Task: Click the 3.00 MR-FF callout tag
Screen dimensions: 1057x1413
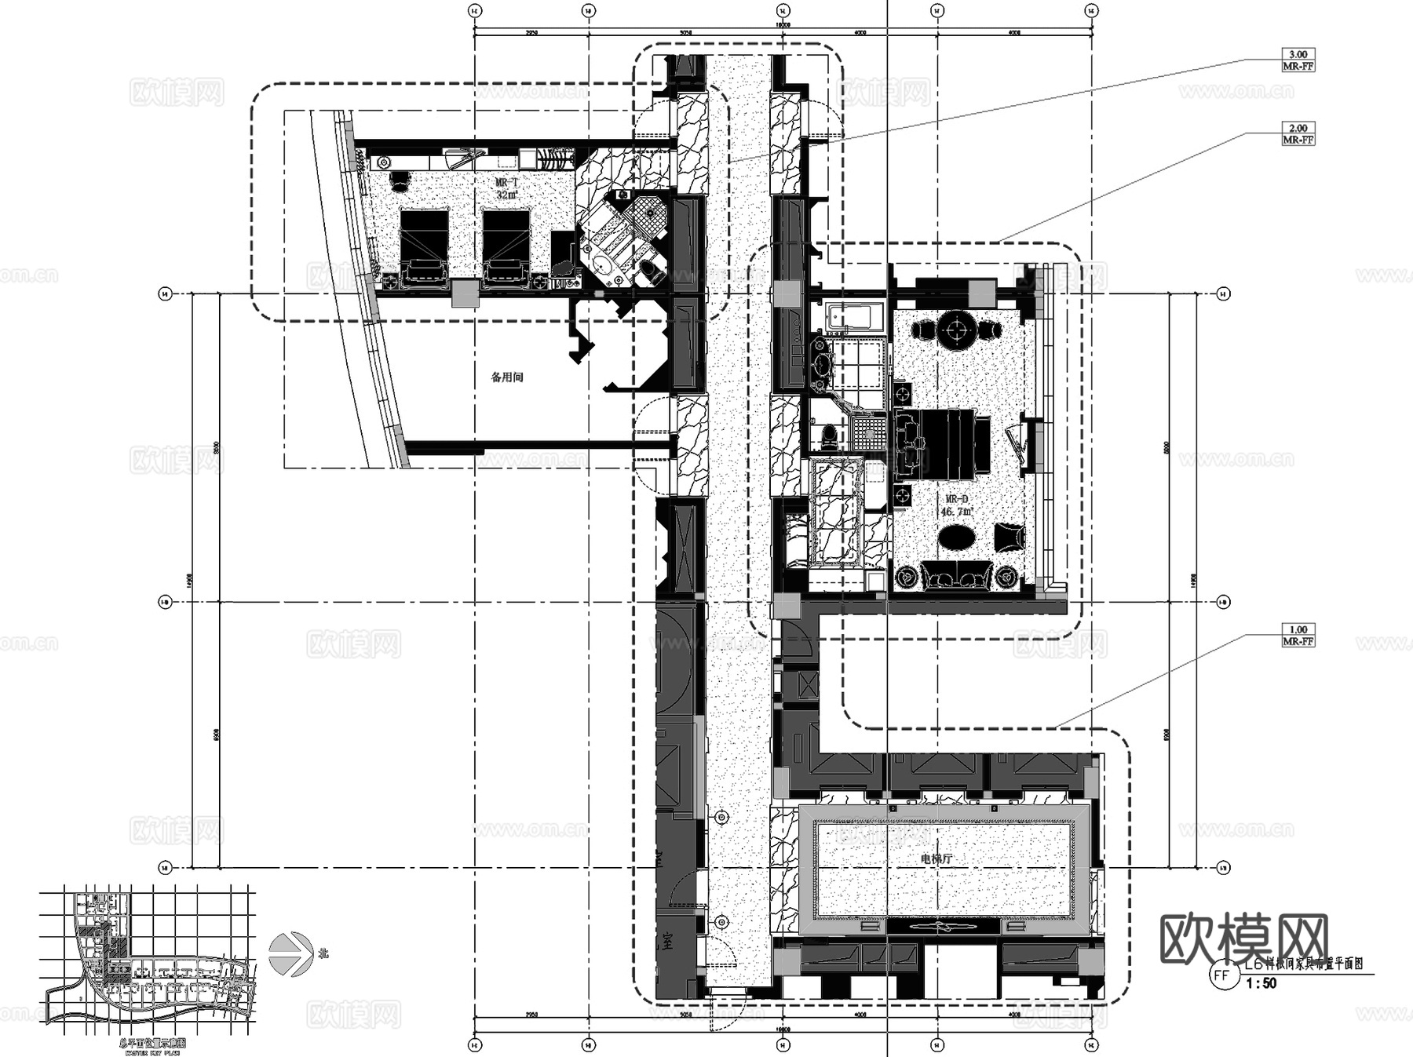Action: pyautogui.click(x=1298, y=60)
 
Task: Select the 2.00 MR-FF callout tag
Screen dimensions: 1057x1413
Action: pyautogui.click(x=1298, y=133)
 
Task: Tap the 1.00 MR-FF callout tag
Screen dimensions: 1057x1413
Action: pyautogui.click(x=1298, y=635)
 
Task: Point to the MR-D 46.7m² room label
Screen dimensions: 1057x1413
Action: pyautogui.click(x=957, y=505)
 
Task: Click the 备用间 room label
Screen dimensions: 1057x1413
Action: pyautogui.click(x=507, y=377)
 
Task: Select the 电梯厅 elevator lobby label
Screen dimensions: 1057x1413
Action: pyautogui.click(x=936, y=859)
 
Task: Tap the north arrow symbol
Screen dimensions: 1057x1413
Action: pyautogui.click(x=290, y=954)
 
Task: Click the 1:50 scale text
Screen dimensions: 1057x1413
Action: pyautogui.click(x=1261, y=983)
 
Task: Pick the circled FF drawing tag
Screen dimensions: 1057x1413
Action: pyautogui.click(x=1221, y=975)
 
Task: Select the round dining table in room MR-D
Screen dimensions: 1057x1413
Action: pyautogui.click(x=958, y=330)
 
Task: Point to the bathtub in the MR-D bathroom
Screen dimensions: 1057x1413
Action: pyautogui.click(x=855, y=318)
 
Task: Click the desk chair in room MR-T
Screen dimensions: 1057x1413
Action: pyautogui.click(x=400, y=181)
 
